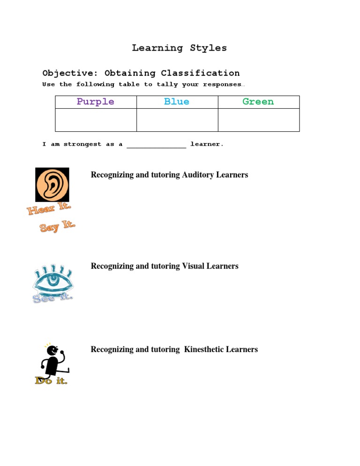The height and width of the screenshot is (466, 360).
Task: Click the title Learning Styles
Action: [x=179, y=48]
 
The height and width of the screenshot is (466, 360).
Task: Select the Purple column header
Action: [x=96, y=102]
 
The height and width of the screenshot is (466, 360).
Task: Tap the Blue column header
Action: [x=177, y=102]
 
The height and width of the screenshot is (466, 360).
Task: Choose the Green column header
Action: [x=258, y=102]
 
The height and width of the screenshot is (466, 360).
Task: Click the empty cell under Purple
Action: [x=96, y=120]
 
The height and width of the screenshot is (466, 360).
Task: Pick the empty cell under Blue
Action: [x=177, y=120]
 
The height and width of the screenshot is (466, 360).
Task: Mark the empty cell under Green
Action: [x=259, y=120]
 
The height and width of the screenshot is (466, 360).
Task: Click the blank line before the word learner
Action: [x=157, y=145]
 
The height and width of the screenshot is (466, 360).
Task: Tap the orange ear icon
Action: [x=52, y=185]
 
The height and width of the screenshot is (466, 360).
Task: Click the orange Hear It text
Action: [x=49, y=209]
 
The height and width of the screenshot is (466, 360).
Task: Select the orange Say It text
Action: [x=57, y=227]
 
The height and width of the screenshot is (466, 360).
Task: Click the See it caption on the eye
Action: [x=52, y=298]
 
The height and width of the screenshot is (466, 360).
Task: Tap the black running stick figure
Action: [x=52, y=360]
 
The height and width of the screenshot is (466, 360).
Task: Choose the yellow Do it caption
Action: [x=51, y=381]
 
